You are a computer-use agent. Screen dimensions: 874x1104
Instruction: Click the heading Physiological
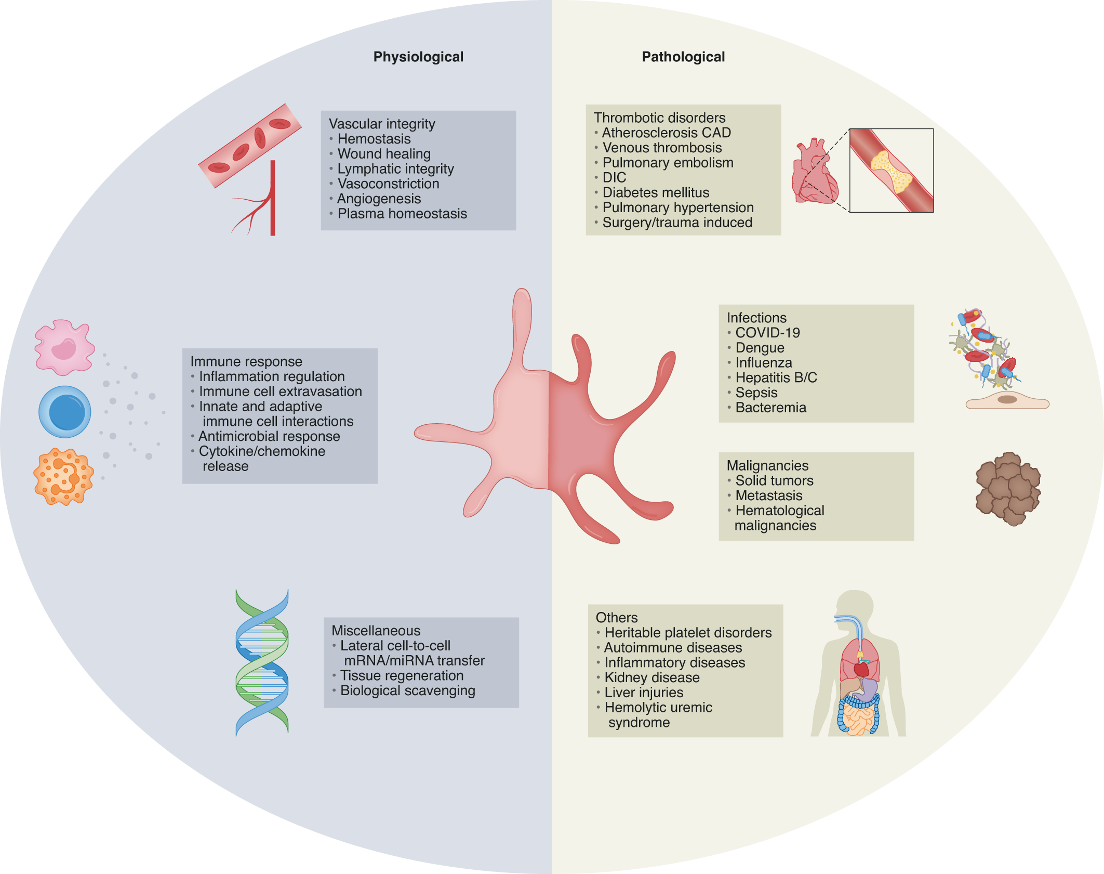418,57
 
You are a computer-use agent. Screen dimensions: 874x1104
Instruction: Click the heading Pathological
683,57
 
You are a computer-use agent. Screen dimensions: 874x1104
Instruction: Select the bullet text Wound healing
384,154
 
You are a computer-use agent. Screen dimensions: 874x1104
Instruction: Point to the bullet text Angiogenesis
379,199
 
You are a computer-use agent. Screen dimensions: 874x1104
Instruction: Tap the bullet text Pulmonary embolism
668,163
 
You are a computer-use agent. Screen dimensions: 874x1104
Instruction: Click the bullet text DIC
614,177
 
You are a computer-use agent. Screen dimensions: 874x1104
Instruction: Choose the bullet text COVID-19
767,333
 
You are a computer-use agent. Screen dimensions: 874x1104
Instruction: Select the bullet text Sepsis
756,393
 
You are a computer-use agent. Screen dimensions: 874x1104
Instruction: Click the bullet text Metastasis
769,495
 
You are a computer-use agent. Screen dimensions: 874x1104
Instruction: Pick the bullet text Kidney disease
652,677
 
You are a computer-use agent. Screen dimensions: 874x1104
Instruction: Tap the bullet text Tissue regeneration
402,675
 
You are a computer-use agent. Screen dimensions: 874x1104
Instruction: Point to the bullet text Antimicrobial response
269,436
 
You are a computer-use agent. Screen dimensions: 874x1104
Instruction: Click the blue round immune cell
65,412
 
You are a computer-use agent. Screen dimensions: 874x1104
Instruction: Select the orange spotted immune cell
63,477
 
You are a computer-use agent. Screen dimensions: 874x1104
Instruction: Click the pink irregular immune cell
64,347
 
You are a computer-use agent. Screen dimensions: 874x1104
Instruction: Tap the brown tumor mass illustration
1008,489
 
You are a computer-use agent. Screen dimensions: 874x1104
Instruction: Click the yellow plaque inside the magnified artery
892,171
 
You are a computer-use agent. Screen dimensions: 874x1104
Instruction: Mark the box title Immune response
246,361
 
